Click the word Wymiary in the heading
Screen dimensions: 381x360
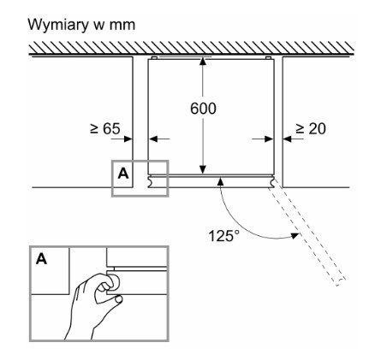(x=58, y=25)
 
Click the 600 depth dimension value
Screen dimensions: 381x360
(x=203, y=109)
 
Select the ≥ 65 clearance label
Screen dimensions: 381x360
(x=105, y=128)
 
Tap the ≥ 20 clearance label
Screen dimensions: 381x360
(x=310, y=128)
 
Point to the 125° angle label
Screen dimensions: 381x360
(x=224, y=236)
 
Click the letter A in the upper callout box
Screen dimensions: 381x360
(x=123, y=173)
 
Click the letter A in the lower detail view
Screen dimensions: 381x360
(x=42, y=259)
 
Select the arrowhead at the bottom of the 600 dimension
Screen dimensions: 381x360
(x=203, y=169)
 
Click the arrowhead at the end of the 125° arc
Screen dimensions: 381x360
(x=295, y=236)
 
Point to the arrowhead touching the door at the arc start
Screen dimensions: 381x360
(x=220, y=181)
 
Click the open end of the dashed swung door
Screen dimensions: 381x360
(x=342, y=281)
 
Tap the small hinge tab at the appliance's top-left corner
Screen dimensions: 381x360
(x=154, y=58)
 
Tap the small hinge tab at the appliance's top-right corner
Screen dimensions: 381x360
(x=268, y=58)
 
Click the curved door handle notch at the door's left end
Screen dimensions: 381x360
(x=151, y=182)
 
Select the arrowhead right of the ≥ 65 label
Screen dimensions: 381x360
(x=128, y=139)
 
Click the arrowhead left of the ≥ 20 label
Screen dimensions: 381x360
(x=287, y=139)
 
